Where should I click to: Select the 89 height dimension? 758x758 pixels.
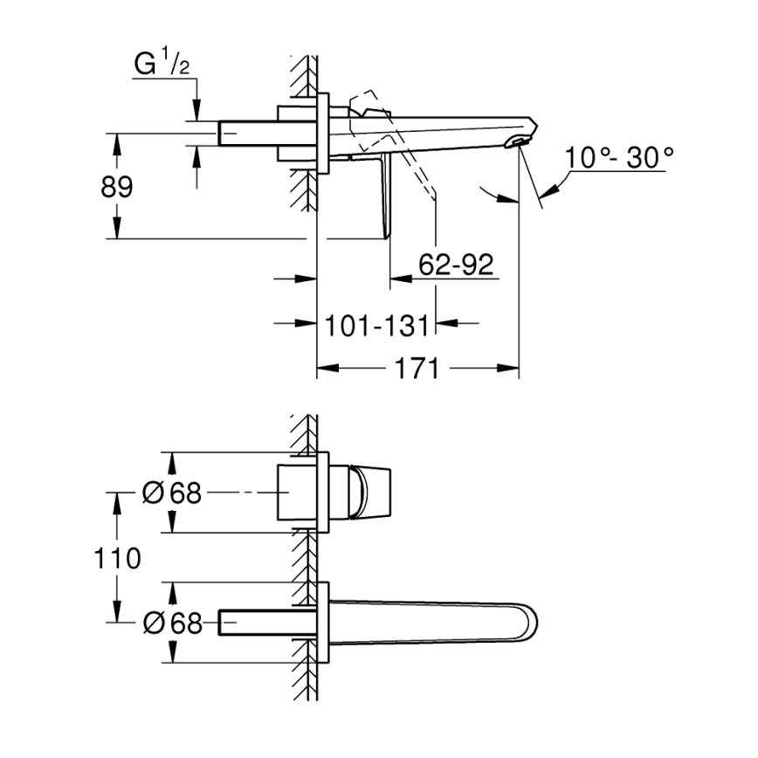point(117,186)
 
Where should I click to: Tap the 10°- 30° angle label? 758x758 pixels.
point(618,158)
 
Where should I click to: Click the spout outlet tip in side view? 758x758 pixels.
point(520,139)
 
